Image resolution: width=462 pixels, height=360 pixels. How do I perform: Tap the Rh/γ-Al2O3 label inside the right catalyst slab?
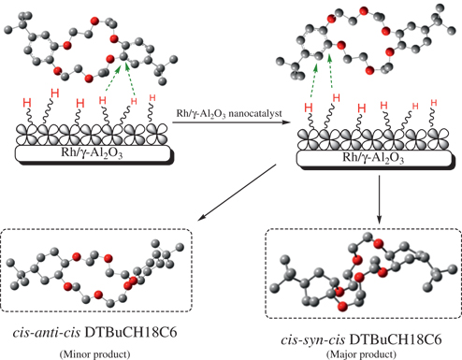click(x=371, y=157)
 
